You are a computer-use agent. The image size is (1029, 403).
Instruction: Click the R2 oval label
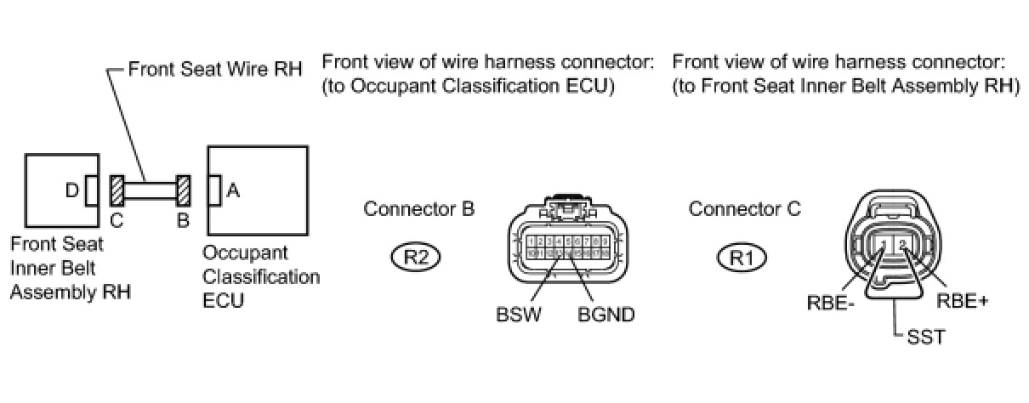tap(416, 256)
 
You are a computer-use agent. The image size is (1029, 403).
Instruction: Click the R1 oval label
tap(742, 256)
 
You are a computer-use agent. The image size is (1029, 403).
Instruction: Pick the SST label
tap(927, 338)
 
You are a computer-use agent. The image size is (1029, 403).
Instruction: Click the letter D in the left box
tap(74, 191)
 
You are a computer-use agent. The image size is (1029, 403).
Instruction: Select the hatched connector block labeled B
tap(183, 190)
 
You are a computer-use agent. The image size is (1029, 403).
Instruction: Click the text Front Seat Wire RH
tap(214, 69)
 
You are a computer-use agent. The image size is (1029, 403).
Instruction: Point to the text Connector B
tap(419, 208)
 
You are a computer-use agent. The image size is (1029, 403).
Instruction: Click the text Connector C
tap(745, 208)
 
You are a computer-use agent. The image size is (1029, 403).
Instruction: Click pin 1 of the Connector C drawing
tap(885, 247)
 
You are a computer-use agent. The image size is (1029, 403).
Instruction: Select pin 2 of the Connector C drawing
tap(904, 247)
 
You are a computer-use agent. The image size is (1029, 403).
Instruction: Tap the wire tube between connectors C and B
tap(151, 190)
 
